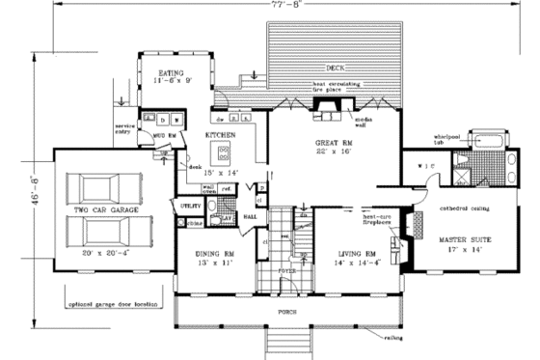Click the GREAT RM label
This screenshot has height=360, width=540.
(x=334, y=143)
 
